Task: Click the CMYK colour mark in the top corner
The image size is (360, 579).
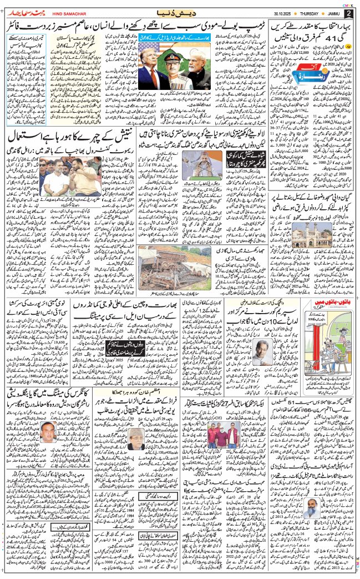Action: [349, 3]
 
